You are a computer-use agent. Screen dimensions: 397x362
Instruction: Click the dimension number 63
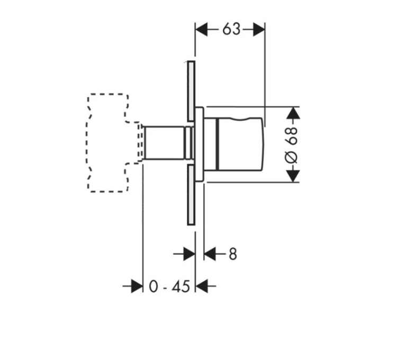[231, 29]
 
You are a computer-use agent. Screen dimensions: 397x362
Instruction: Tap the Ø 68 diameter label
[292, 146]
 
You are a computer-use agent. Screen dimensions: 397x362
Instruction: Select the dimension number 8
[233, 254]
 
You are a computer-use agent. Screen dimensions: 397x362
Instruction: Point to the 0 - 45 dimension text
[169, 287]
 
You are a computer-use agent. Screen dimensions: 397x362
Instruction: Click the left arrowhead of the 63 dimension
[202, 29]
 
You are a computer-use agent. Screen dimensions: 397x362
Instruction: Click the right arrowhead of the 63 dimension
[259, 29]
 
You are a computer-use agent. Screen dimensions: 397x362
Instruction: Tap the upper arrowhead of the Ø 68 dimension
[293, 113]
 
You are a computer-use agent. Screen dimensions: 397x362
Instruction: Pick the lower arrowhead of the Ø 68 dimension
[293, 176]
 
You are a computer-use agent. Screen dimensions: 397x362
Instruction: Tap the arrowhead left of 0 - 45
[137, 286]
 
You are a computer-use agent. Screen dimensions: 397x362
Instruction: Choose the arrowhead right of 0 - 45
[202, 286]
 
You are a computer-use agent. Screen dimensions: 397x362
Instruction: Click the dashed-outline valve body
[108, 143]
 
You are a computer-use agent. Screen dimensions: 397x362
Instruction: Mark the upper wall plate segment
[191, 91]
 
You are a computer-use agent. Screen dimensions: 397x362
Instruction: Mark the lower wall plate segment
[191, 195]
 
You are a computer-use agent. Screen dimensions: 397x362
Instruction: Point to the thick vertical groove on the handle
[217, 144]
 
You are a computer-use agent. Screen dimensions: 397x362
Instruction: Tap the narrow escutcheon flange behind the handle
[200, 144]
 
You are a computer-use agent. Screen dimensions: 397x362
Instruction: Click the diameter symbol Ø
[292, 158]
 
